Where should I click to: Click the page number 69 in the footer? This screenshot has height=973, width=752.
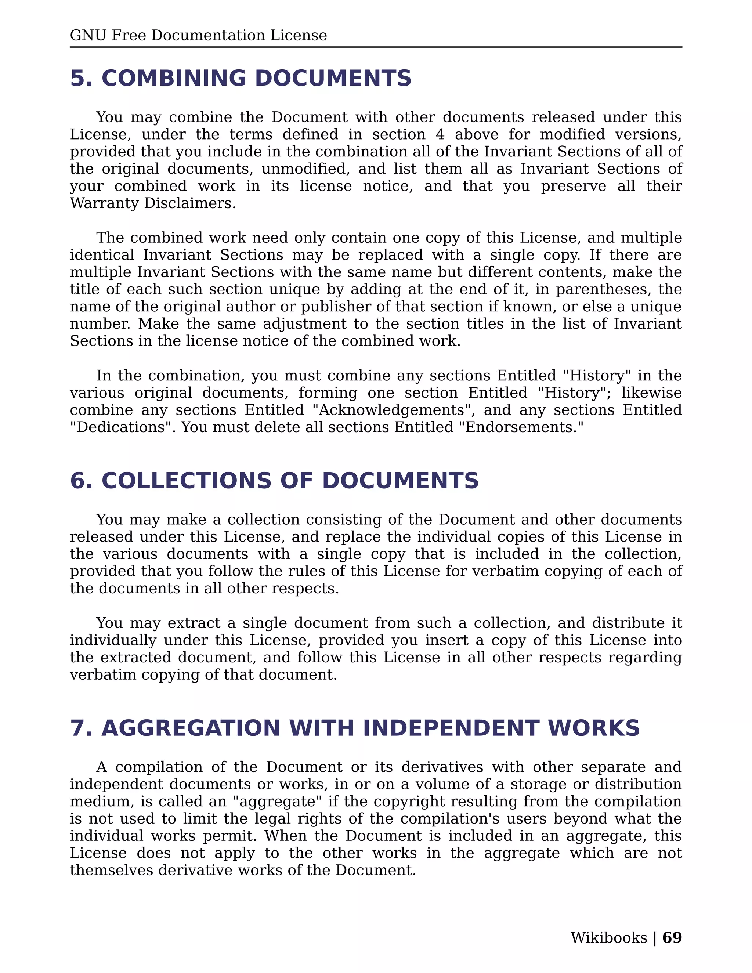pos(672,937)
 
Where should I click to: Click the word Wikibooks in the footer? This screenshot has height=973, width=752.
pos(608,937)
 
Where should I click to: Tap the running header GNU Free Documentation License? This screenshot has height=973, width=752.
pos(198,35)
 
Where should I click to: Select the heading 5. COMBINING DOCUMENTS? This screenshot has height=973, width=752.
pos(241,79)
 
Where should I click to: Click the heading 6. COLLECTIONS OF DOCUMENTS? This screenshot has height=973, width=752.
pos(274,481)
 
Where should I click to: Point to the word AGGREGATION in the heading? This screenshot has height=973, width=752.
pos(191,728)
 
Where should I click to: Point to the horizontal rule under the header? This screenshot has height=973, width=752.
pos(376,47)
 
